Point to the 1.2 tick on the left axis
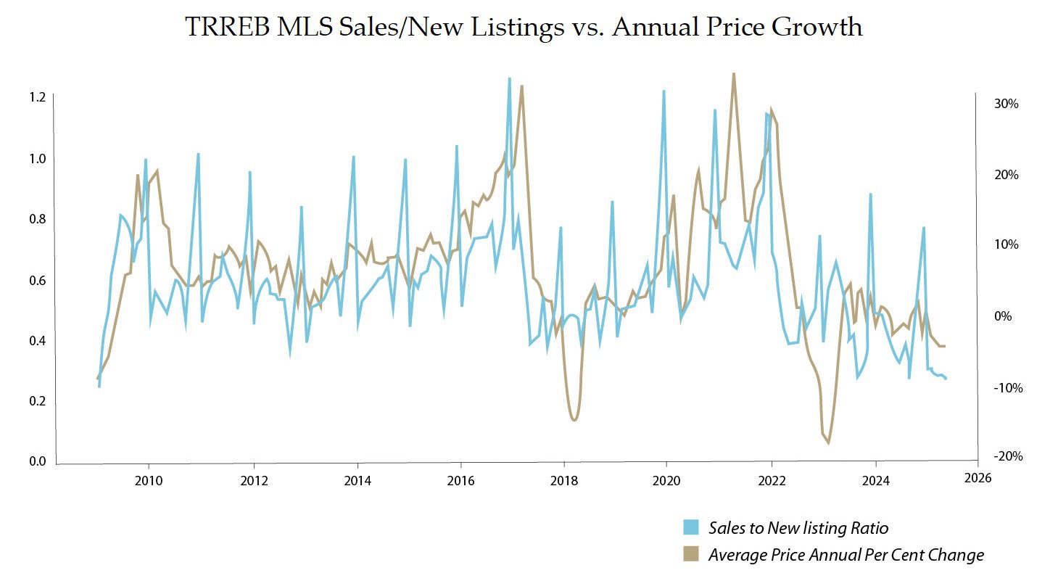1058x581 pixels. [37, 97]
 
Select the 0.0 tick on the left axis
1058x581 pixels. [37, 462]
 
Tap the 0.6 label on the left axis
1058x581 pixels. [37, 280]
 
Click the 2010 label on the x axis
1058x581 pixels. [149, 479]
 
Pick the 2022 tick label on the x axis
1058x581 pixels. [772, 479]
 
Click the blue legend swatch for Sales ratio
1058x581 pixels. [692, 527]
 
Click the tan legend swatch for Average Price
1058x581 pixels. [692, 555]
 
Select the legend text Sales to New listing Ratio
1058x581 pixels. [798, 527]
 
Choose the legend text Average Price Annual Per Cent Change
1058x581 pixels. [846, 555]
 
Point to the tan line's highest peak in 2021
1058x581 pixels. [734, 74]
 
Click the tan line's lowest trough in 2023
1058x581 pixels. [828, 442]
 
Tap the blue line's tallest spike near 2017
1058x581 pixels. [509, 78]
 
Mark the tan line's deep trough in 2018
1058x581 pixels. [574, 420]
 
